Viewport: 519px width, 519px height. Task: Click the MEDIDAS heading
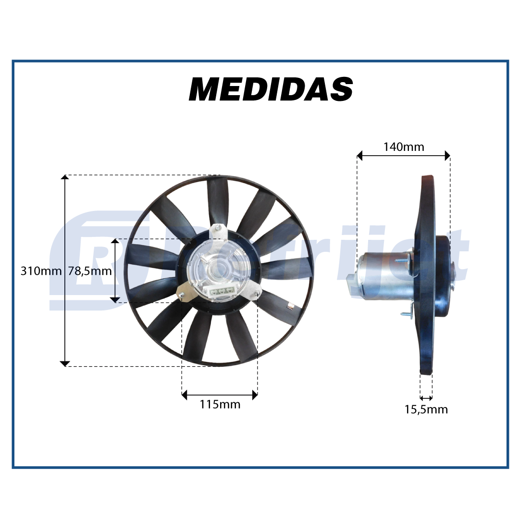point(271,89)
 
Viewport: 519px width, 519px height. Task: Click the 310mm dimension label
point(41,271)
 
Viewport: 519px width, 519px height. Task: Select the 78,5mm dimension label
point(90,271)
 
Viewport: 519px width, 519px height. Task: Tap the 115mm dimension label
point(220,405)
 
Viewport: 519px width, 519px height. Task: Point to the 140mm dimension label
point(404,147)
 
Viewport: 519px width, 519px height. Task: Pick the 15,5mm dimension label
point(426,409)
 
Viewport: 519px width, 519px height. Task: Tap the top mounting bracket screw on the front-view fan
point(218,227)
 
